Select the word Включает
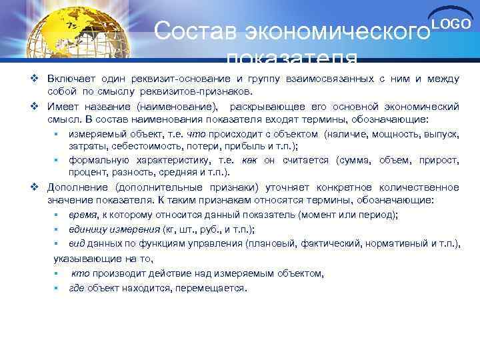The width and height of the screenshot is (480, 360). [71, 79]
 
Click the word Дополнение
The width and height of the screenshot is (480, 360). [78, 187]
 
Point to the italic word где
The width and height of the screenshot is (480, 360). [77, 288]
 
